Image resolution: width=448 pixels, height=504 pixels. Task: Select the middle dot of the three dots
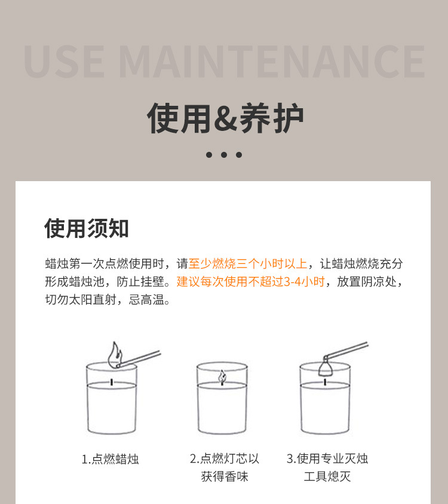coord(224,154)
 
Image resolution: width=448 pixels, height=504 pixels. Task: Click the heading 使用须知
coord(87,228)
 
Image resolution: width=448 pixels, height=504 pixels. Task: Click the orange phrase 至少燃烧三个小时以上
coord(248,264)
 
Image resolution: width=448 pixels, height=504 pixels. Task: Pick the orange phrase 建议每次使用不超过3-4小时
coord(251,282)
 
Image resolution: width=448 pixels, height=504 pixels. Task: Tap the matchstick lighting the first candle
coord(141,357)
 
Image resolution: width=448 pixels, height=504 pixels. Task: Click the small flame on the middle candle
coord(222,377)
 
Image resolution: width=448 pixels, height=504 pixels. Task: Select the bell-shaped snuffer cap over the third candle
coord(326,366)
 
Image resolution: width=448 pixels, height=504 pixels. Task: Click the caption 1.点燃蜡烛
coord(111,459)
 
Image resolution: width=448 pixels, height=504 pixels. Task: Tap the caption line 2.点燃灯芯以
coord(224,459)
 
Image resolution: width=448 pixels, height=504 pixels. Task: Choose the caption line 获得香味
coord(224,476)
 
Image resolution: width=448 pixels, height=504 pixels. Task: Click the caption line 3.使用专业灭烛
coord(327,459)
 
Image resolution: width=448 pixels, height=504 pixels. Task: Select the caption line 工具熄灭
coord(327,476)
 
